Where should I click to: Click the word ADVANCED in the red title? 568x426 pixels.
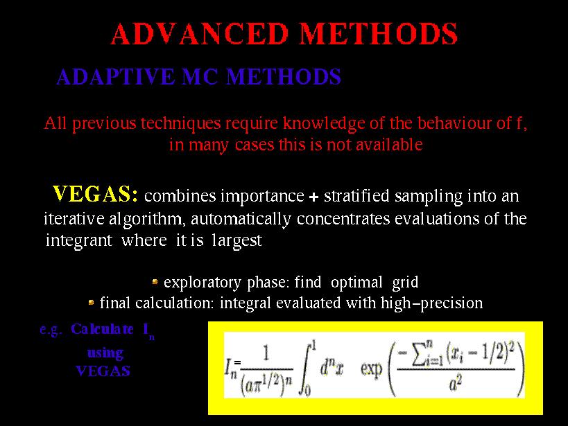[x=200, y=34]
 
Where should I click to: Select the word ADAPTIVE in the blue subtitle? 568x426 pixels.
[x=115, y=77]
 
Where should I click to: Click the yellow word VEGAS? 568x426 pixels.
[x=95, y=194]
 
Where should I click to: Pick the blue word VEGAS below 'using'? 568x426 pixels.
[x=103, y=371]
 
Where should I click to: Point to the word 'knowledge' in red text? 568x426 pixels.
[x=323, y=123]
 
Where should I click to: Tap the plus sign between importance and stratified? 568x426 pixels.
[x=313, y=197]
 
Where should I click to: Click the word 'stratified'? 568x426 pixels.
[x=356, y=196]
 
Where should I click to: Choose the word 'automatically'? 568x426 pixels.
[x=241, y=219]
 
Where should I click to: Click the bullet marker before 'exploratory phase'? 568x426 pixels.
[x=155, y=281]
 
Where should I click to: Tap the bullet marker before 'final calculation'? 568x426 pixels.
[x=92, y=302]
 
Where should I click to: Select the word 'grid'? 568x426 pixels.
[x=405, y=283]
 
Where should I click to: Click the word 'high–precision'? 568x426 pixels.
[x=432, y=303]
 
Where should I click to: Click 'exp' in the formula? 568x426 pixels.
[x=371, y=369]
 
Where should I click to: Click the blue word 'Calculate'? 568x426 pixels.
[x=102, y=329]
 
